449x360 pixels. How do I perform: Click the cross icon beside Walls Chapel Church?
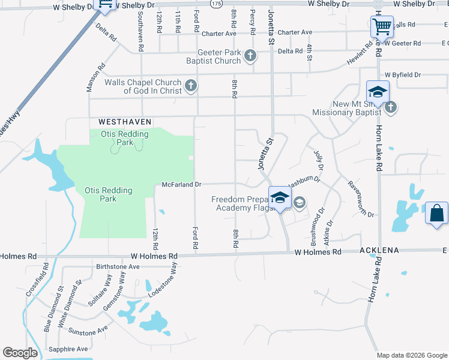pyautogui.click(x=191, y=86)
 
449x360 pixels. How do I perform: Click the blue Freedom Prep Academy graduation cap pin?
pyautogui.click(x=280, y=198)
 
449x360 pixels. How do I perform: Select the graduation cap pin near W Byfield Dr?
pyautogui.click(x=378, y=92)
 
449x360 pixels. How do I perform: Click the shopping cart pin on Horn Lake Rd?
pyautogui.click(x=381, y=27)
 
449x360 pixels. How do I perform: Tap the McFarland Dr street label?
pyautogui.click(x=181, y=185)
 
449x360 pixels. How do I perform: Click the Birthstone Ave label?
pyautogui.click(x=118, y=266)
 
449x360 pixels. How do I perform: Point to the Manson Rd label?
pyautogui.click(x=95, y=77)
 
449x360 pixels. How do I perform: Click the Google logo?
pyautogui.click(x=20, y=353)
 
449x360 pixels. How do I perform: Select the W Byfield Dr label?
pyautogui.click(x=403, y=74)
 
